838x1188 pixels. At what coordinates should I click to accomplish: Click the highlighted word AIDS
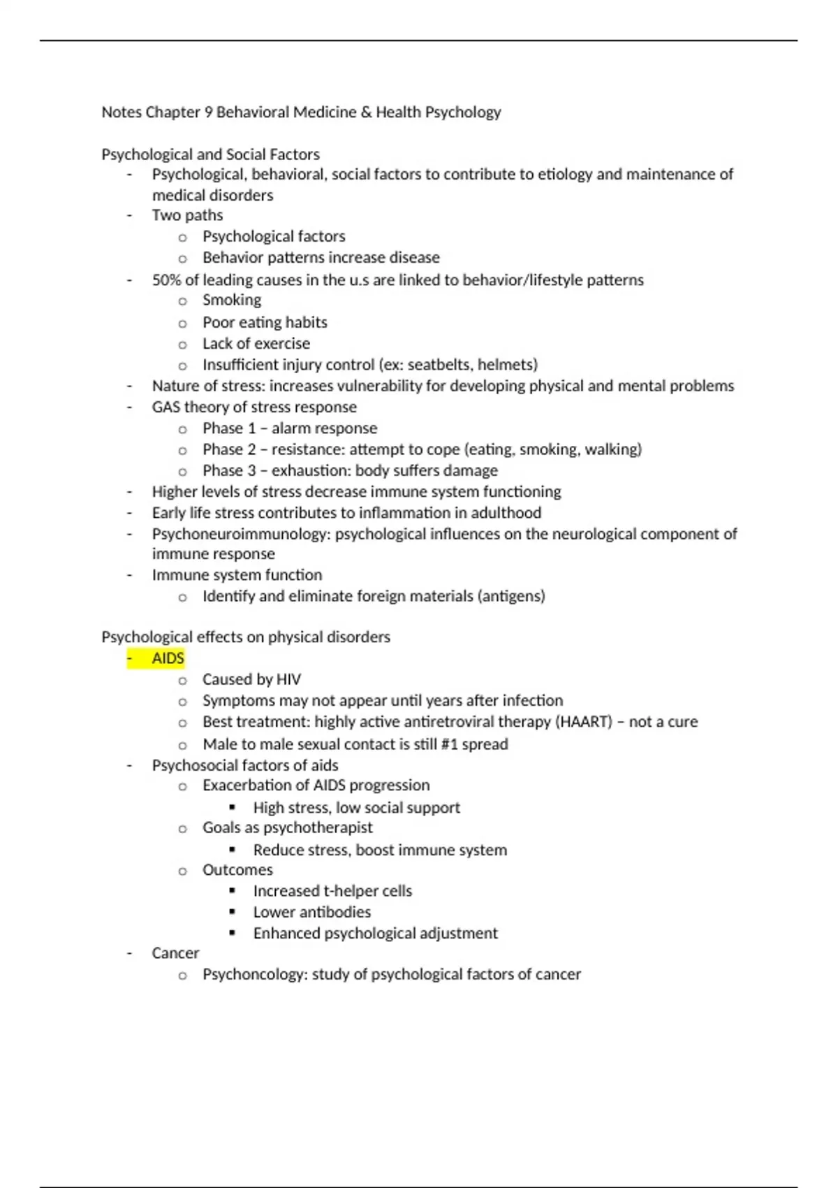[x=168, y=658]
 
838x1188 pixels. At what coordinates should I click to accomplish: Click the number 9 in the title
[x=208, y=113]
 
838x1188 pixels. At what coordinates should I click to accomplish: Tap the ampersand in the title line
[x=367, y=113]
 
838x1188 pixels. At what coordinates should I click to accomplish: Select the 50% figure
[x=166, y=280]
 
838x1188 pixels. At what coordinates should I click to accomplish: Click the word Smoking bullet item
[x=232, y=300]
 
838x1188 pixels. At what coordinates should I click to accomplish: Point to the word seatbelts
[x=439, y=365]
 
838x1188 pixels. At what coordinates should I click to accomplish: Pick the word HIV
[x=288, y=680]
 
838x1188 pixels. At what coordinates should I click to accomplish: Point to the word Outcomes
[x=237, y=870]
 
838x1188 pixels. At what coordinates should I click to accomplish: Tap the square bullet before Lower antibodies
[x=233, y=912]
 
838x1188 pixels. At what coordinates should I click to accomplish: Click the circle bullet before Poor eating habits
[x=182, y=324]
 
